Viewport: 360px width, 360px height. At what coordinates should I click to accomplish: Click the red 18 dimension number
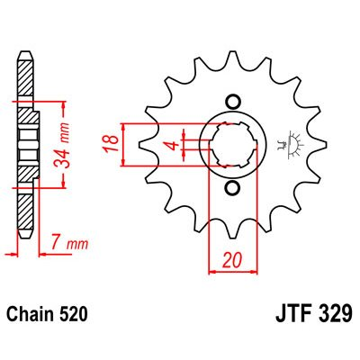[112, 144]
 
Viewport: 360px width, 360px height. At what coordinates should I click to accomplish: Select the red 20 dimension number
[232, 260]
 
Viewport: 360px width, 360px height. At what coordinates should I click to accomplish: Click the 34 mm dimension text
[63, 145]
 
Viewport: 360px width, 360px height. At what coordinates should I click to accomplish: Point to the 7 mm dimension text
[69, 244]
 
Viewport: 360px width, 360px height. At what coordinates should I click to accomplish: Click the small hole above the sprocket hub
[233, 102]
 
